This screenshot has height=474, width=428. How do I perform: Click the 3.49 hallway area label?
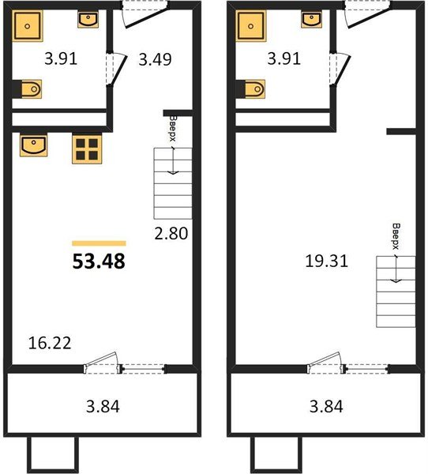click(156, 58)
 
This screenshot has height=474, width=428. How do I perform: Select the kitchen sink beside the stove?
click(34, 145)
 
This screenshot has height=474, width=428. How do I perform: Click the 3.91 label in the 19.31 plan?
click(282, 58)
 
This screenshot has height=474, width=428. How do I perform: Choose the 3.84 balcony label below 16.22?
click(102, 407)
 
